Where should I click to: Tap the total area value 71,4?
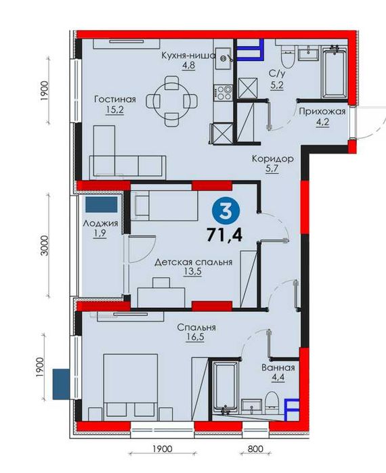tap(225, 235)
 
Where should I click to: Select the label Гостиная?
tap(115, 99)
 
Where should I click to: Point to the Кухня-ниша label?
tap(189, 55)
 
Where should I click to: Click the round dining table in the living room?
tap(172, 100)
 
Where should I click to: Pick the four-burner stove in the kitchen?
tap(223, 92)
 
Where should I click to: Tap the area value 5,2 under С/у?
tap(276, 85)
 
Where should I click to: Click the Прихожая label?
tap(322, 112)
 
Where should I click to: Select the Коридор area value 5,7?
tap(272, 168)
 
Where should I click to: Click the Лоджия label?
tap(100, 223)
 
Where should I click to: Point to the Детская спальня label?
tap(194, 262)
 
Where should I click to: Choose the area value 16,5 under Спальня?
tap(196, 337)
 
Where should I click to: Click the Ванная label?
tap(278, 367)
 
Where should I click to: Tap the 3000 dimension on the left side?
tap(44, 245)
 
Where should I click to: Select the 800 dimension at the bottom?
tap(255, 449)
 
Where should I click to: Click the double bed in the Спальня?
tap(131, 387)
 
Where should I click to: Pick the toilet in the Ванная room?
tap(272, 403)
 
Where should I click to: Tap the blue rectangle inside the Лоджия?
tap(101, 204)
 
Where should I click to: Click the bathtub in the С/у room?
tap(334, 72)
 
